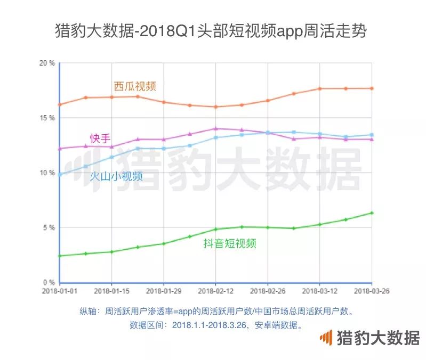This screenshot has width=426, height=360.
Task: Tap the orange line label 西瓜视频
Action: [135, 86]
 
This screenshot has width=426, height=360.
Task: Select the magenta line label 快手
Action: [100, 138]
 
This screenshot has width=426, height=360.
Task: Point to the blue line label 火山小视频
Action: [116, 176]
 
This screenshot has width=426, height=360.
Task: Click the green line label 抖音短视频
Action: [230, 244]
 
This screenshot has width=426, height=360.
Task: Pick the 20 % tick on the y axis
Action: [47, 63]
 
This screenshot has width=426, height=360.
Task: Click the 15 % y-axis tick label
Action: [47, 118]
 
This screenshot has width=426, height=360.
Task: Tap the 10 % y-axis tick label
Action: [47, 173]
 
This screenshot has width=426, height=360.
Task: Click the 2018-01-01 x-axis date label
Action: [60, 291]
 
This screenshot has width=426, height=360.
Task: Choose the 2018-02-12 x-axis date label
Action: [215, 291]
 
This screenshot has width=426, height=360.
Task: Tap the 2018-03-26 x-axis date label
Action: [371, 291]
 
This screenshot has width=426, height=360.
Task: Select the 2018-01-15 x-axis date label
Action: [111, 291]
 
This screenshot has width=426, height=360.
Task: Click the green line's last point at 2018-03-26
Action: [372, 213]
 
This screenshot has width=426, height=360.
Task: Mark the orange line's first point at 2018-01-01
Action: [60, 104]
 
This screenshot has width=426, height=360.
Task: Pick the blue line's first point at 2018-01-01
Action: [60, 175]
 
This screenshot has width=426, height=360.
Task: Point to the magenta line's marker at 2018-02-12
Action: [215, 128]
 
